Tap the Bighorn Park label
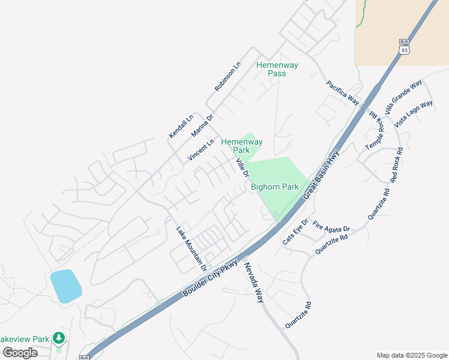tap(274, 187)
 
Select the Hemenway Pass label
tap(276, 69)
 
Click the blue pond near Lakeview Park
tap(65, 286)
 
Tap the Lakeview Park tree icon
tap(58, 338)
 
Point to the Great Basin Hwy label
tap(321, 175)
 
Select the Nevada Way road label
tap(253, 282)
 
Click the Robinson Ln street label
tap(228, 76)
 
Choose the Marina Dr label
tap(202, 125)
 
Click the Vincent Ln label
tap(200, 150)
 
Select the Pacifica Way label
tap(343, 93)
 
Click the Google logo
tap(20, 352)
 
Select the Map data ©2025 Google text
tap(411, 355)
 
